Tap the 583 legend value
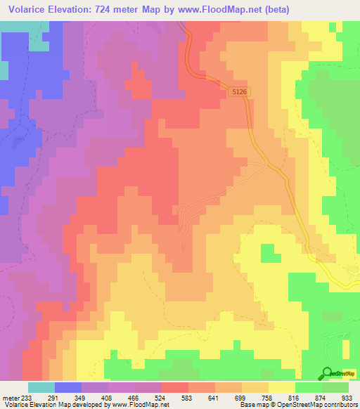point(188,398)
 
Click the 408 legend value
point(108,398)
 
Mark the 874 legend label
point(321,398)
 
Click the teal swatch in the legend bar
point(41,387)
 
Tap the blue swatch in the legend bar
point(68,387)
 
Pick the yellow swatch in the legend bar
point(281,387)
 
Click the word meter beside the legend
point(10,398)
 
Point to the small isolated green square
point(267,252)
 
